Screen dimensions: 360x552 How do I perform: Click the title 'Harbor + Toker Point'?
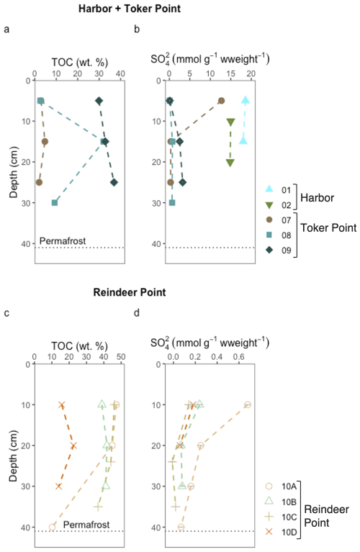pyautogui.click(x=130, y=9)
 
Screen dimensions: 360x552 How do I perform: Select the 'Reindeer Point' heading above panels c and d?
pyautogui.click(x=130, y=292)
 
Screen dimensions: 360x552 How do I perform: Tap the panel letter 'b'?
pyautogui.click(x=137, y=29)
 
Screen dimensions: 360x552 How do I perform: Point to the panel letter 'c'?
pyautogui.click(x=6, y=312)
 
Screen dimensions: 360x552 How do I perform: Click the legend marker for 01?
pyautogui.click(x=269, y=189)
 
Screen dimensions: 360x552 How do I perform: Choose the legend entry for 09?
pyautogui.click(x=278, y=250)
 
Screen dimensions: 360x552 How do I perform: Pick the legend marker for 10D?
pyautogui.click(x=269, y=532)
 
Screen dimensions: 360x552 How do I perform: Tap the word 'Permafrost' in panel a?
pyautogui.click(x=63, y=241)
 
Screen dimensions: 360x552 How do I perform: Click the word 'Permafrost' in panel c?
pyautogui.click(x=86, y=525)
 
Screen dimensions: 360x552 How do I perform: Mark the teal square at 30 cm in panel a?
pyautogui.click(x=55, y=203)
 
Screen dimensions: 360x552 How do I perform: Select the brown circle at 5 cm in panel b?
pyautogui.click(x=221, y=101)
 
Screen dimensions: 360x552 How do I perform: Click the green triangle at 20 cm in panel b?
pyautogui.click(x=230, y=163)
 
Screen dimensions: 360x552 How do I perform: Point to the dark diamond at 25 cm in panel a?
pyautogui.click(x=114, y=182)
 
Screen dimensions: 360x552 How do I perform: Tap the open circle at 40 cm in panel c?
pyautogui.click(x=52, y=527)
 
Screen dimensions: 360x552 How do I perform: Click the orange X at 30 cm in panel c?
pyautogui.click(x=58, y=487)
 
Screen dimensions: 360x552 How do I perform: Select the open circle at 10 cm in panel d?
pyautogui.click(x=248, y=405)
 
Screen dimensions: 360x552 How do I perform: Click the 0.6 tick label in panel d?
pyautogui.click(x=238, y=357)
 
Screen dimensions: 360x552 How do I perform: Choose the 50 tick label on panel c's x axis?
pyautogui.click(x=121, y=357)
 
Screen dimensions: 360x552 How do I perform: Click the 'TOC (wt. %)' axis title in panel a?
pyautogui.click(x=80, y=63)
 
